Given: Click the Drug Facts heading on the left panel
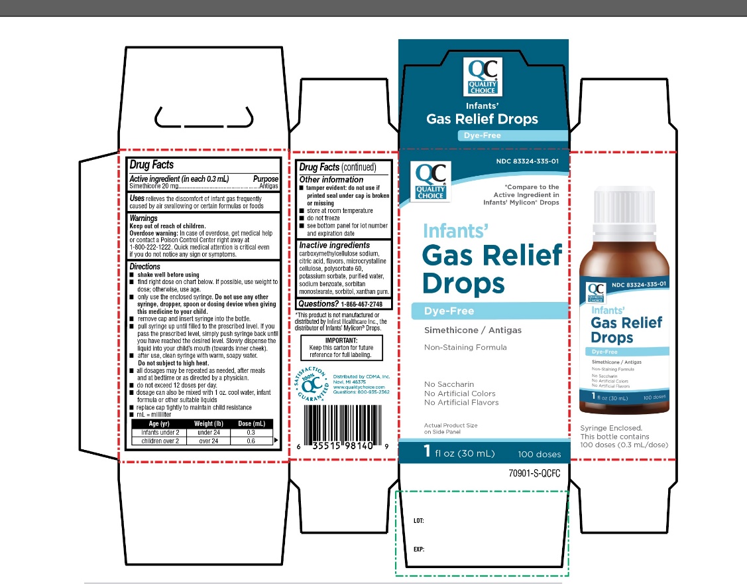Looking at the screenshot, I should (152, 165).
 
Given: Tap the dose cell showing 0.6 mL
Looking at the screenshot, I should (251, 441).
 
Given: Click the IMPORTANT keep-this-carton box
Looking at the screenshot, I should (341, 347).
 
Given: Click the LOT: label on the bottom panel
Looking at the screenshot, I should (418, 521).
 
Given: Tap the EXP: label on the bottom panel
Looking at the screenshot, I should (418, 549).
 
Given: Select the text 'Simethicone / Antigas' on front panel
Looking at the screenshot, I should (473, 330).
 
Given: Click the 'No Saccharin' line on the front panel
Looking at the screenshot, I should (449, 384).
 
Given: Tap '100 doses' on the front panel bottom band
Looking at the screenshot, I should (539, 455).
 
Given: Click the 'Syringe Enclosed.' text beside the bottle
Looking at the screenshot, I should (611, 428).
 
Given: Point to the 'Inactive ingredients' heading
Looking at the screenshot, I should (334, 246).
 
